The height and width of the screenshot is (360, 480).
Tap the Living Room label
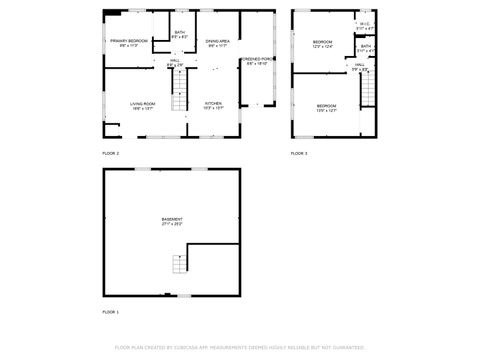click(x=143, y=105)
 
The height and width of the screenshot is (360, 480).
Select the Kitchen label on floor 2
click(x=214, y=105)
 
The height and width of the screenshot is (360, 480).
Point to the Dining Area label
click(x=218, y=42)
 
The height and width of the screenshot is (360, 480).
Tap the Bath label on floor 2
click(x=179, y=34)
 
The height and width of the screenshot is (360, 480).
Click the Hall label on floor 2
click(x=174, y=62)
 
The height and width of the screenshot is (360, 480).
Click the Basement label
click(x=172, y=221)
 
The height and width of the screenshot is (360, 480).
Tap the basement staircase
click(x=178, y=263)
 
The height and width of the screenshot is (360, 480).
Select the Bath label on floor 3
click(x=366, y=48)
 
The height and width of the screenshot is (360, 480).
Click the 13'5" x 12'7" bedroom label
click(x=327, y=107)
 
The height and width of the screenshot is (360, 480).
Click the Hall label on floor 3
click(x=360, y=67)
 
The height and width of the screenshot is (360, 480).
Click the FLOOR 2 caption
click(x=110, y=153)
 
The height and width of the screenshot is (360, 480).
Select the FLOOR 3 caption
click(x=299, y=153)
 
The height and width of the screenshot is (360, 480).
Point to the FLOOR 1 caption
click(x=110, y=313)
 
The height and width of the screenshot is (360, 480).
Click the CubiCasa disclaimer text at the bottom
click(x=239, y=347)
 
